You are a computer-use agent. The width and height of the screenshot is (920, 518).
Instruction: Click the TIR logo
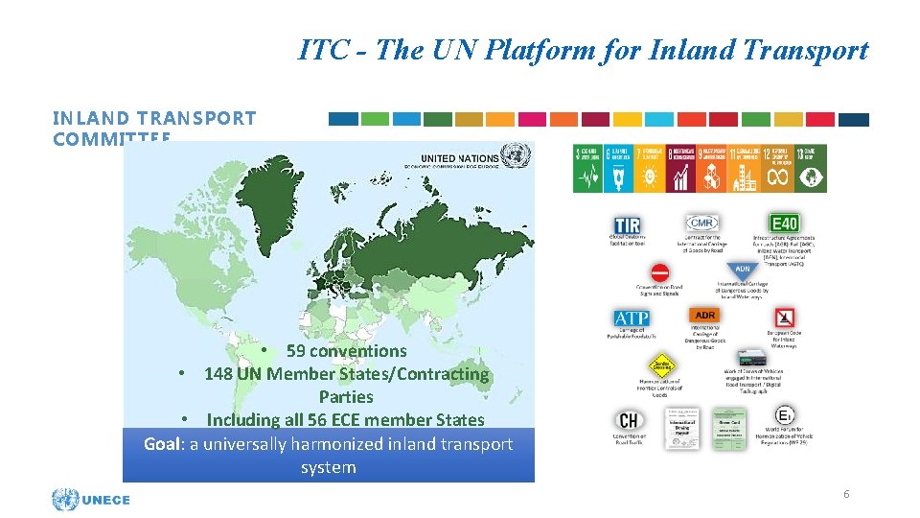point(627,224)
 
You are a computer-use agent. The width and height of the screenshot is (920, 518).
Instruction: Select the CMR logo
point(701,223)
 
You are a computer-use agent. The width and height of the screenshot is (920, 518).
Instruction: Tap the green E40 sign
point(783,224)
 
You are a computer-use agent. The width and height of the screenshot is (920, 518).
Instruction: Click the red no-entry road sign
point(659,272)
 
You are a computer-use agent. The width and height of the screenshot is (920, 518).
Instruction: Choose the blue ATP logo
point(632,318)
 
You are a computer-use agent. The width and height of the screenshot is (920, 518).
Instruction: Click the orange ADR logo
point(704,316)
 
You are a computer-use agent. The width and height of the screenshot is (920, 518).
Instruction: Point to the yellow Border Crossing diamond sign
point(660,365)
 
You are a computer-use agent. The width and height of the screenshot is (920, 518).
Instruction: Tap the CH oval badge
point(629,420)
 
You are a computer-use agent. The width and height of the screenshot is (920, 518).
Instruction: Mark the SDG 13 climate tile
point(811,168)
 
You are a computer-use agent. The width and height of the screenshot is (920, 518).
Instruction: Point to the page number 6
point(846,494)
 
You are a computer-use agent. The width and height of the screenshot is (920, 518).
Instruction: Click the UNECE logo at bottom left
point(91,500)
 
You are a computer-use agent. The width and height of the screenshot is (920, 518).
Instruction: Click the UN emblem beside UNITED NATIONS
point(515,155)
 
